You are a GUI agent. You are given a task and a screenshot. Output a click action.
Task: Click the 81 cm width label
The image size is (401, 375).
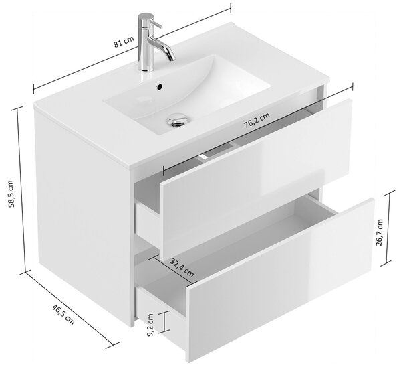pos(124,42)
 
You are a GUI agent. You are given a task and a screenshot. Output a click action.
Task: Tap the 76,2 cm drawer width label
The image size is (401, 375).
pos(257,121)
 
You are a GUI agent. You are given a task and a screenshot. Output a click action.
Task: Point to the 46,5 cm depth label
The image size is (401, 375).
pos(63,315)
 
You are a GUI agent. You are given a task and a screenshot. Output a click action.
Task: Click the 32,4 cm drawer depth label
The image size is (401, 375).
pos(182,268)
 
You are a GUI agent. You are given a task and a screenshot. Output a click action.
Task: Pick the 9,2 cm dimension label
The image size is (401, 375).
pos(150,325)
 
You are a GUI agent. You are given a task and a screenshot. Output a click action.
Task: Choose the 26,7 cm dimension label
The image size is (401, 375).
pos(379,232)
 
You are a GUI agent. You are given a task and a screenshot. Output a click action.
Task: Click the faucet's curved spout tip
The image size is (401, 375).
pos(172,58)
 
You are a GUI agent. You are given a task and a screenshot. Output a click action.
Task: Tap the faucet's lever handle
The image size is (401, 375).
pos(156,25)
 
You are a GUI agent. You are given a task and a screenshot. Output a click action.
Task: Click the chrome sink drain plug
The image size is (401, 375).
pos(178,120)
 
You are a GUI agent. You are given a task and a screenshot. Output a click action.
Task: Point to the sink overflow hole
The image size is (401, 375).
pos(160,87)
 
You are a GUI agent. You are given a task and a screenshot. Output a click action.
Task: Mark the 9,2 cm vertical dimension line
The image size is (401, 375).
pos(164,322)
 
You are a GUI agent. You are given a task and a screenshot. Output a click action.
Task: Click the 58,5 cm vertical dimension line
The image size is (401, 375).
pos(21,190)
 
